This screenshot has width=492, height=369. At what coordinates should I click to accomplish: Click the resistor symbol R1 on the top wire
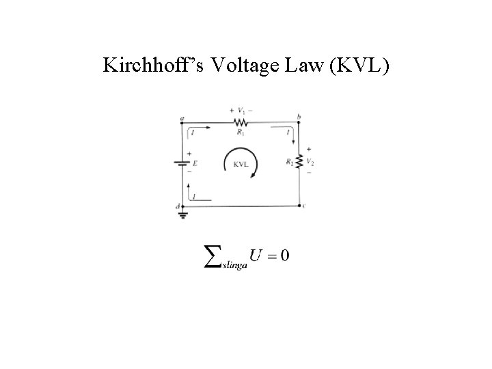[240, 122]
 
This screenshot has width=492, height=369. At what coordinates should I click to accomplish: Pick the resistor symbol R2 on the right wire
[301, 162]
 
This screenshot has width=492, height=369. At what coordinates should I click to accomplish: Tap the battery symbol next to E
[182, 164]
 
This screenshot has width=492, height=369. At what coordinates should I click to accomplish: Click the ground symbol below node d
[182, 214]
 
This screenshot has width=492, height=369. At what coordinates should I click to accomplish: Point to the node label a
[182, 117]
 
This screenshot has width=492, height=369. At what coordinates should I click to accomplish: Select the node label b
[299, 117]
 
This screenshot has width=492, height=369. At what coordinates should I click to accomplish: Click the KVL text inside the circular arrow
[241, 164]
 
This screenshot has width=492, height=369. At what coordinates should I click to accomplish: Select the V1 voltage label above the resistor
[240, 109]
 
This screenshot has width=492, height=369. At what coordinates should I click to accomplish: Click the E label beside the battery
[195, 164]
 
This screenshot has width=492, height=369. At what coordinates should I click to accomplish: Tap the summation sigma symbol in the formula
[213, 256]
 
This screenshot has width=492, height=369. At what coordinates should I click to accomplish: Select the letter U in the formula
[256, 256]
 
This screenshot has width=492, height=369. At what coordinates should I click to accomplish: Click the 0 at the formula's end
[284, 256]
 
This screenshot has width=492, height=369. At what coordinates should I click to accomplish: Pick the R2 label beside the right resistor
[291, 162]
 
